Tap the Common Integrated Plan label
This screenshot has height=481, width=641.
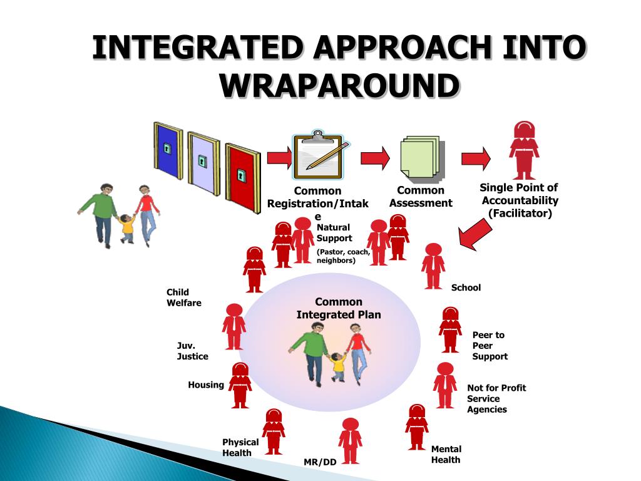tap(339, 308)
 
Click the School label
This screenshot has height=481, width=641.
tap(466, 287)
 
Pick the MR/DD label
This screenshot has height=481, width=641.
tap(320, 462)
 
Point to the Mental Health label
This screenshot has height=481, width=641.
tap(446, 454)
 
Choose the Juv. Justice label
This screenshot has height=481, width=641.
tap(192, 351)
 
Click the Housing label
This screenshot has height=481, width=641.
tap(205, 385)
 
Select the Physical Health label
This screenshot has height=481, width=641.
tap(240, 447)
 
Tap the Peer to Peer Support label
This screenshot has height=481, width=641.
tap(490, 346)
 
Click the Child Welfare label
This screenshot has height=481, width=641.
tap(183, 297)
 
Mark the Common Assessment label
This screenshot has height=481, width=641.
tap(421, 197)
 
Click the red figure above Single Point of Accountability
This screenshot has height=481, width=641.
tap(523, 150)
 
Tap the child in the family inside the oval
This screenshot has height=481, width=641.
tap(338, 366)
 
